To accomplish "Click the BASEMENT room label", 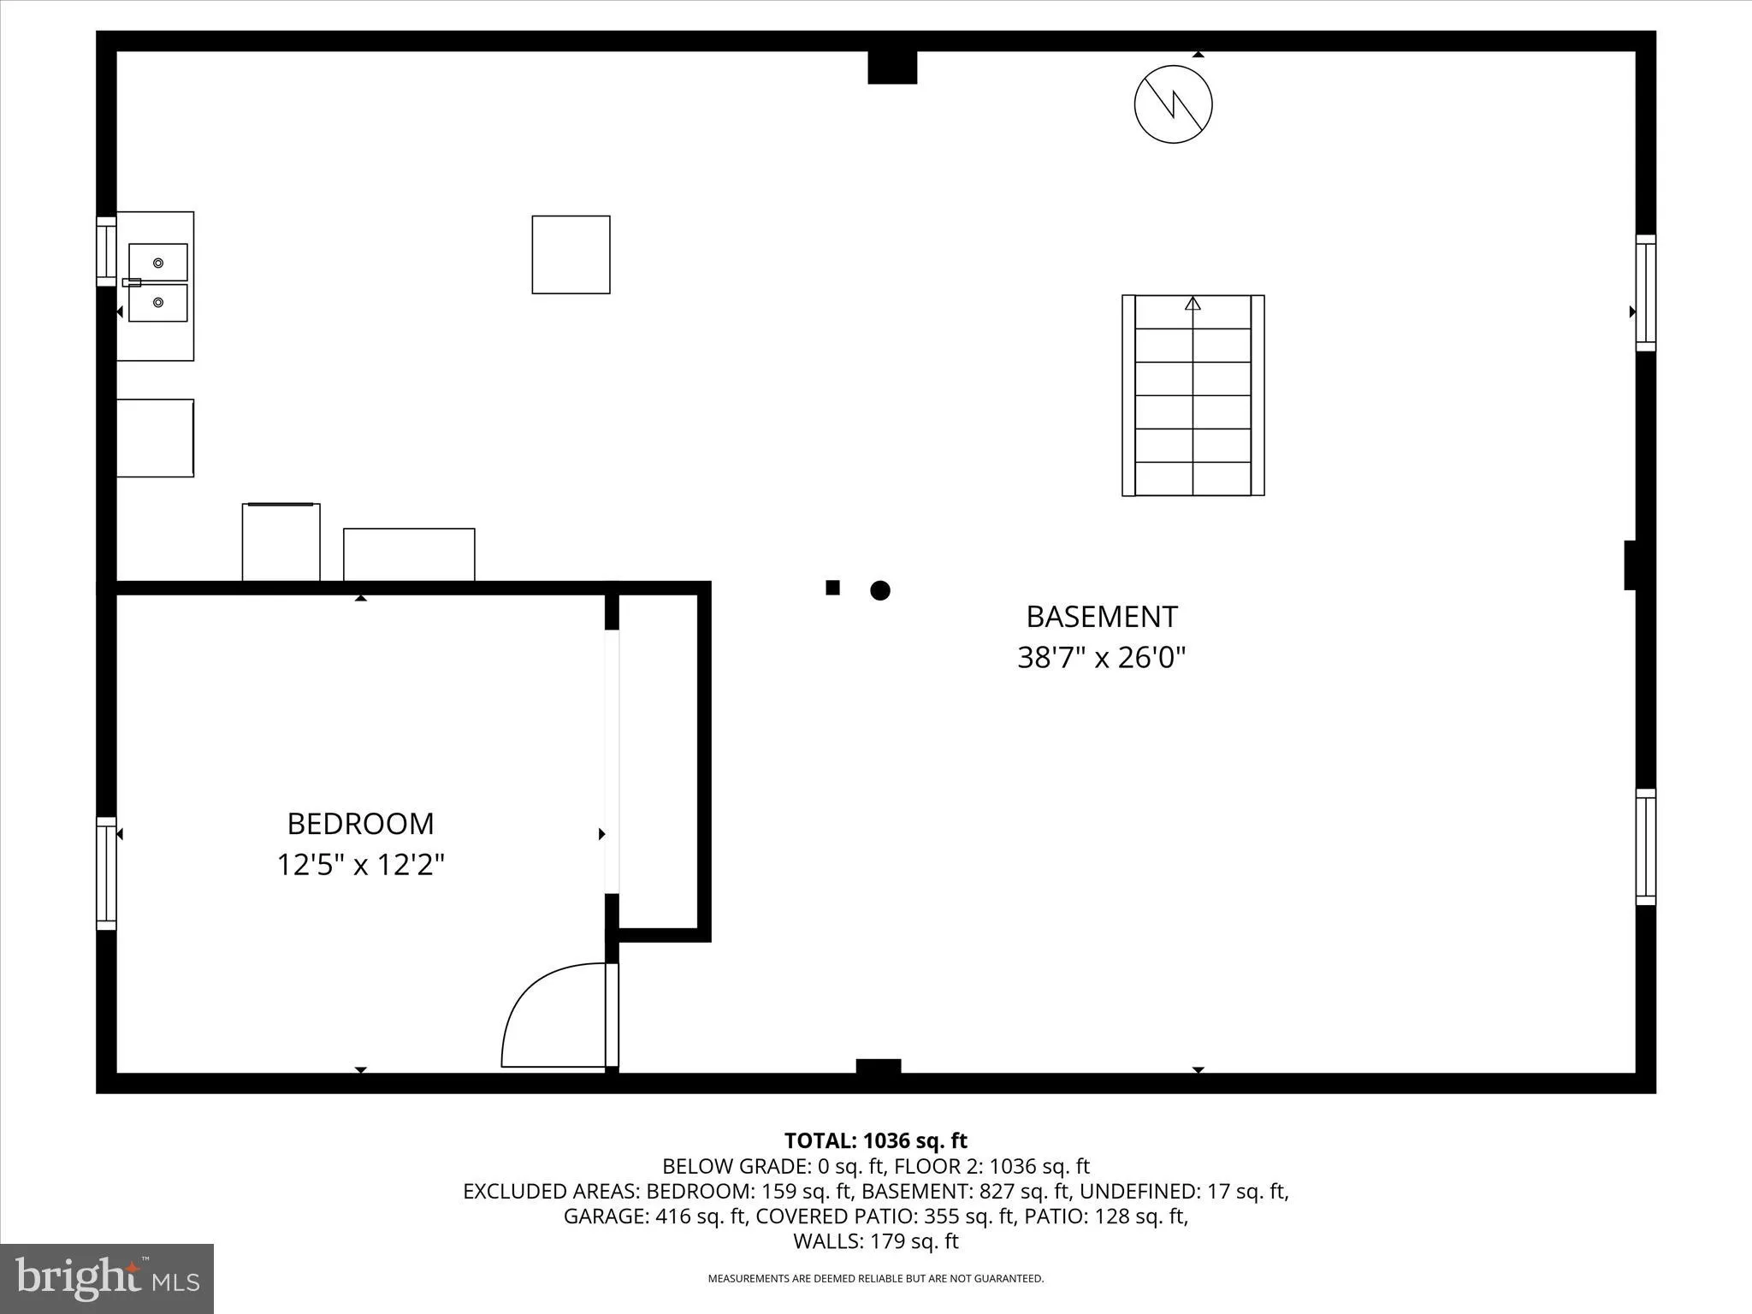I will [x=1101, y=617].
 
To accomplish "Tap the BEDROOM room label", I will [x=360, y=824].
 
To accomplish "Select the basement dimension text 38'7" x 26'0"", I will [x=1101, y=658].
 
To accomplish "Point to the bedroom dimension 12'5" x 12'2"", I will [x=360, y=865].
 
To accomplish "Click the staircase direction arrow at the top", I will [x=1193, y=303].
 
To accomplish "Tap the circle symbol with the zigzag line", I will [x=1173, y=104].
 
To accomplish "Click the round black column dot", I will [x=880, y=590].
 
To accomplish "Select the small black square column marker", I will [x=832, y=588].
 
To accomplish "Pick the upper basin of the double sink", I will [x=158, y=262].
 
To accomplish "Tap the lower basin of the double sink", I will [x=158, y=303].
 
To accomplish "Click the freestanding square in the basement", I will [x=571, y=255].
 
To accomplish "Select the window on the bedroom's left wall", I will [x=106, y=873].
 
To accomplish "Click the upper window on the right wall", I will [x=1645, y=293].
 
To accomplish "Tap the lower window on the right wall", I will [x=1645, y=847].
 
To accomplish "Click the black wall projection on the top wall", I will [x=892, y=68].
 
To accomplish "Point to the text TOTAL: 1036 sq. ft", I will [x=875, y=1140].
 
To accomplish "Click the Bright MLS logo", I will [x=107, y=1278].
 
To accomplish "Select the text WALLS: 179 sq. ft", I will [x=875, y=1241].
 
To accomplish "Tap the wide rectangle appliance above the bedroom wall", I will [x=409, y=555].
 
